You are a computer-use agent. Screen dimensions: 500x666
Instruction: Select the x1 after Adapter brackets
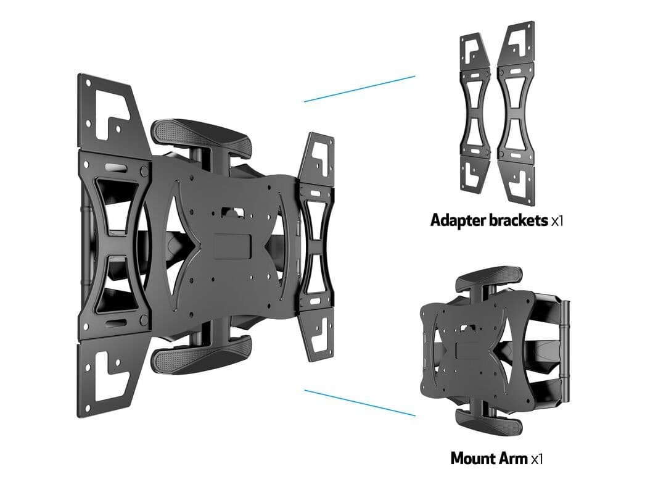tap(557, 221)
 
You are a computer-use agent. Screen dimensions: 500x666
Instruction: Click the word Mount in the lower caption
tap(473, 459)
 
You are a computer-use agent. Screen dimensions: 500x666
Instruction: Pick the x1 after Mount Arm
tap(537, 459)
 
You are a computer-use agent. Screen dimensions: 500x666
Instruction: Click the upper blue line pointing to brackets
tap(360, 89)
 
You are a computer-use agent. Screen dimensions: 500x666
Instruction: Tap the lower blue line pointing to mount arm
tap(360, 402)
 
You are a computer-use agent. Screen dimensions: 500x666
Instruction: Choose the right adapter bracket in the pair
tap(517, 114)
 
